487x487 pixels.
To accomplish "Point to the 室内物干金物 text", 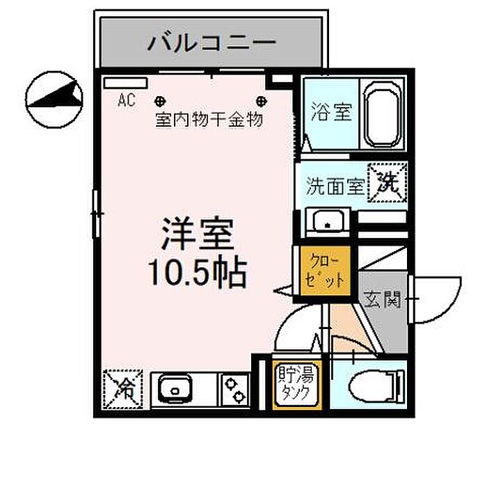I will [x=209, y=120].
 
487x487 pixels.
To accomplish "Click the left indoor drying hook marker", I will [x=159, y=100].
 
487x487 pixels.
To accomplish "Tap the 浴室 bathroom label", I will [x=331, y=112].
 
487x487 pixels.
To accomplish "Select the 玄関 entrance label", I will [x=382, y=301].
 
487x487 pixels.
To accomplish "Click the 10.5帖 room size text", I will [x=196, y=273].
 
